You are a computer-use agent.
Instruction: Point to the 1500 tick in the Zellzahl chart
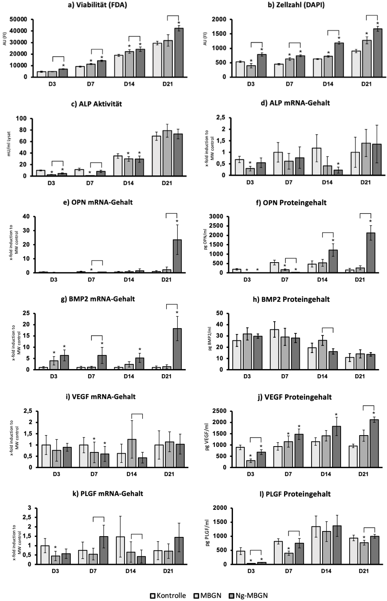pos(220,34)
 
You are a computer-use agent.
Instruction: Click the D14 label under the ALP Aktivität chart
pos(128,183)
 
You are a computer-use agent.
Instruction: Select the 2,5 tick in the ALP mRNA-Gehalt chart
pos(220,118)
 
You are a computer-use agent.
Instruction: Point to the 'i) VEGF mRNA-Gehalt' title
pos(104,397)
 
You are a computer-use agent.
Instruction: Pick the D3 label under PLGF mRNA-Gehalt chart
pos(55,571)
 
